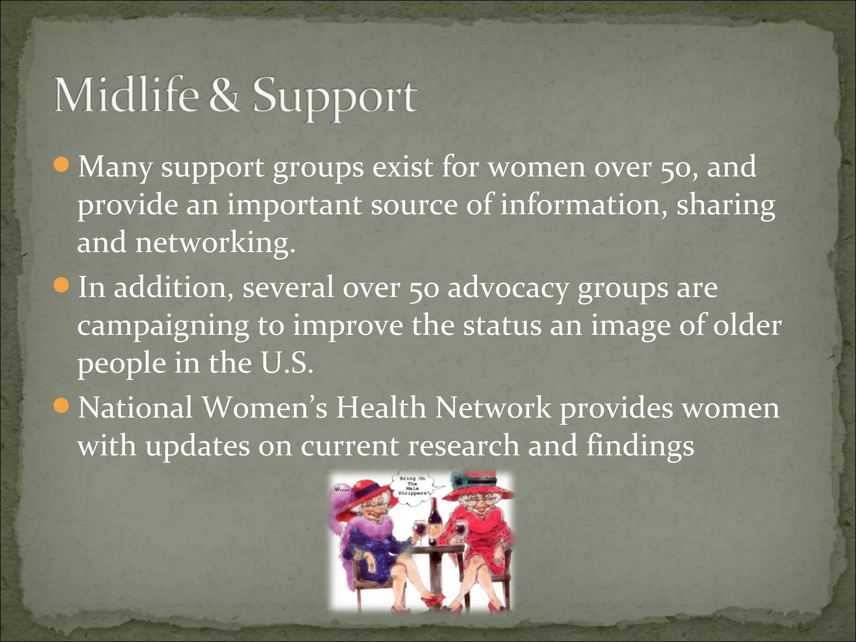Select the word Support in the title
(335, 98)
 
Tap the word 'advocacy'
(508, 288)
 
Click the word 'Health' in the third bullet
(381, 408)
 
